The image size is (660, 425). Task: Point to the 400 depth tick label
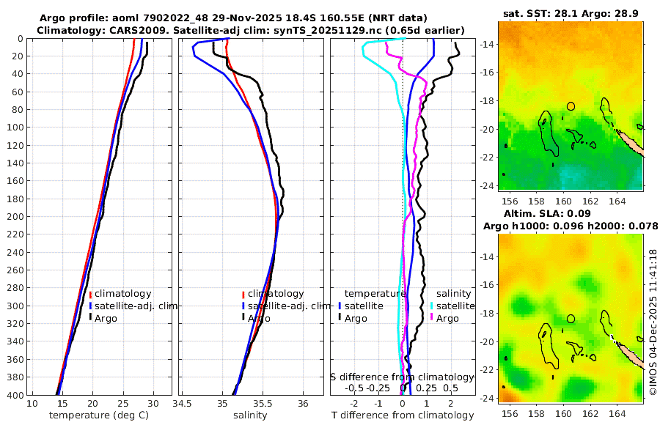(14, 395)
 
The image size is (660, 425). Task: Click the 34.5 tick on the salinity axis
(183, 404)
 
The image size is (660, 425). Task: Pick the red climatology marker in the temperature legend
(90, 294)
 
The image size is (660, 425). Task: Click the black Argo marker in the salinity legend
(242, 317)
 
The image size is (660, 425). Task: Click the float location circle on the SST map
(571, 106)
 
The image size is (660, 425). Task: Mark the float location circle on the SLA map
(571, 319)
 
